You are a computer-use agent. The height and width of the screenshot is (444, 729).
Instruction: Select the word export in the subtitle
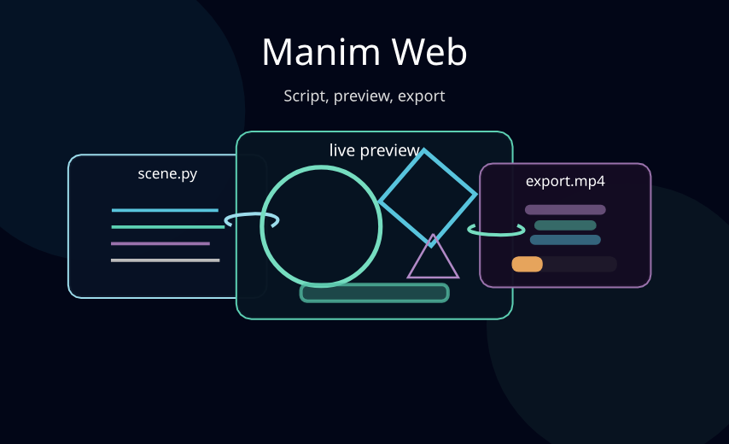click(422, 96)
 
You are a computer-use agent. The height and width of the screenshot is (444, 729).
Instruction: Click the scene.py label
click(167, 174)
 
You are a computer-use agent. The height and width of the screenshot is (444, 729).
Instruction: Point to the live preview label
click(374, 150)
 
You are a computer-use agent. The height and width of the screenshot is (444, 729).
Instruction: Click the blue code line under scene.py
click(165, 210)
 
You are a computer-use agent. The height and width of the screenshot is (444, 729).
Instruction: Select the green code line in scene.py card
click(168, 227)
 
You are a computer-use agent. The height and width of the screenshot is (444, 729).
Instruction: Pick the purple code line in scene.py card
click(160, 243)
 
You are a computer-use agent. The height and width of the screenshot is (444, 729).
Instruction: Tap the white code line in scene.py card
click(165, 260)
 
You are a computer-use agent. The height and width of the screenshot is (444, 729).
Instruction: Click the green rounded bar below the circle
click(374, 293)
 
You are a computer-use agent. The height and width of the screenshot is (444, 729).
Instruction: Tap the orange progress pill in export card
click(527, 265)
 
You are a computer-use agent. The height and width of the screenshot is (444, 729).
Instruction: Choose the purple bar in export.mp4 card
click(565, 209)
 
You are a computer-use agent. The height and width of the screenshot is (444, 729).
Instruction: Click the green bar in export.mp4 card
click(565, 225)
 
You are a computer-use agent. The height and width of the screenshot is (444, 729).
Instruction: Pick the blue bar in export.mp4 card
click(565, 240)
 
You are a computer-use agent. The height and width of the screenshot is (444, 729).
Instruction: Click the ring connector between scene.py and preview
click(251, 221)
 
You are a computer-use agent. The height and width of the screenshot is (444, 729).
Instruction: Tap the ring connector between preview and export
click(495, 231)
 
